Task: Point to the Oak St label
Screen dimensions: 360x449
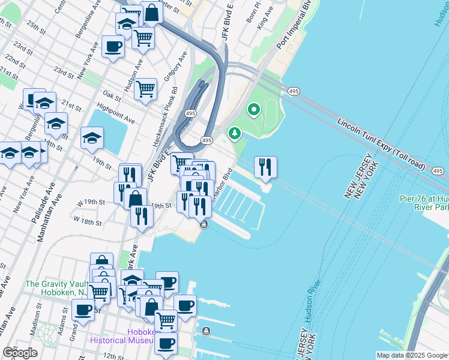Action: (112, 95)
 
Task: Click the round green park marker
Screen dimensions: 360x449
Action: (253, 110)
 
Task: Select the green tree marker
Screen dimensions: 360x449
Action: (235, 133)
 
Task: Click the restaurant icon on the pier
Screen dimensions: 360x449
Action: (265, 167)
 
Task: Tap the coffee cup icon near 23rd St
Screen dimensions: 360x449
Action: (112, 46)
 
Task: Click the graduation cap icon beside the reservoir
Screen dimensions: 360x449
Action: (92, 138)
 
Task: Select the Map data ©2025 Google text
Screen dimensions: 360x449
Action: (412, 355)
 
